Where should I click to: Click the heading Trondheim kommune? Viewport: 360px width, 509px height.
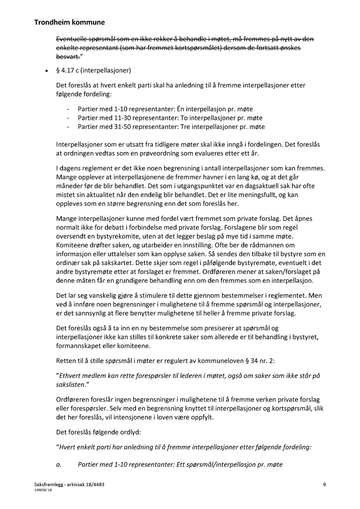click(69, 23)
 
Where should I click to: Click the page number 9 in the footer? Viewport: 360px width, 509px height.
click(324, 485)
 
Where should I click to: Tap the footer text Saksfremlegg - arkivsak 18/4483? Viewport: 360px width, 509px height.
click(69, 485)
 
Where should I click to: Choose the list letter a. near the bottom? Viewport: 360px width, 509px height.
click(59, 465)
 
